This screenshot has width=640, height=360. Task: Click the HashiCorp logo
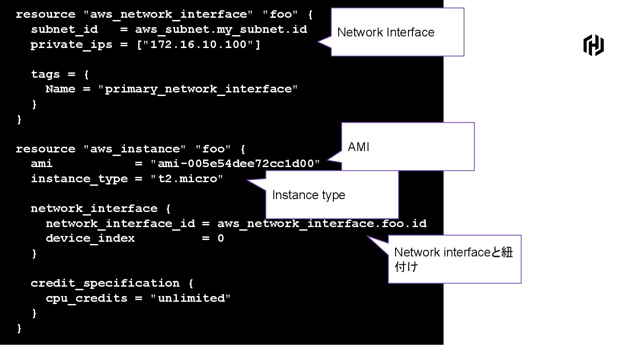(593, 45)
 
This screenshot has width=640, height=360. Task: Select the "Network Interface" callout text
(386, 32)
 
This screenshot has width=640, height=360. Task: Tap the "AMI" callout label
(359, 147)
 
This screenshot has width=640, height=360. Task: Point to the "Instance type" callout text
(308, 195)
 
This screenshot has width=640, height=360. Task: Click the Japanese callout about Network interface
(453, 259)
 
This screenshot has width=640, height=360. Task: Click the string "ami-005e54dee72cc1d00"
(236, 164)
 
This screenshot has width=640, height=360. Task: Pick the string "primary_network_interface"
(198, 89)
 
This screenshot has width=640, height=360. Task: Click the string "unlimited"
(190, 298)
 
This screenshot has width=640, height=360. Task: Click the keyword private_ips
(71, 45)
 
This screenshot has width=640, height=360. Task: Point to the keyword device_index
(90, 238)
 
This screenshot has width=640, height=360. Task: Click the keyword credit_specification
(105, 283)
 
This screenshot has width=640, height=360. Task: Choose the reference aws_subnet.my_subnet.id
(221, 30)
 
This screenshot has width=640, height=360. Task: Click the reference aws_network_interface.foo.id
(322, 224)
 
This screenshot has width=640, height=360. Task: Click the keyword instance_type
(79, 179)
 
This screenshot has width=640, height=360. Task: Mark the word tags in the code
(45, 74)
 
